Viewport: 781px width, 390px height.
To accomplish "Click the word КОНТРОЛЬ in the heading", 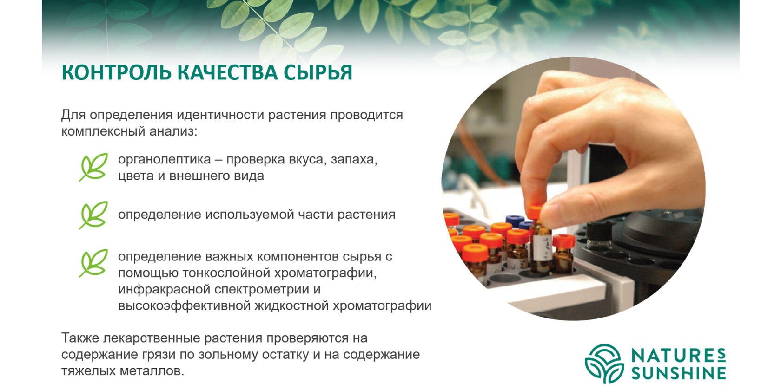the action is (116, 72).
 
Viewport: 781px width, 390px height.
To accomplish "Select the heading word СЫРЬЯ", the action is (318, 72).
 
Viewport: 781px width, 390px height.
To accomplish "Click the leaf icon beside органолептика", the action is (93, 167).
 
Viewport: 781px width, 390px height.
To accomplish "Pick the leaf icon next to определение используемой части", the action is (93, 215).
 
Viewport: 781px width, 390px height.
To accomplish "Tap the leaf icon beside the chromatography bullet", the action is (93, 263).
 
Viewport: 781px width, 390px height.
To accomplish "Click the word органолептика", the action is (165, 160).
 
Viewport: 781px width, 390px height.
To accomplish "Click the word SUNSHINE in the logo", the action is (679, 373).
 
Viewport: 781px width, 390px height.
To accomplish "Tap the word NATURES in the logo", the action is (679, 356).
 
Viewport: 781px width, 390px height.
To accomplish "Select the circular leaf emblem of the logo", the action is (604, 363).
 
